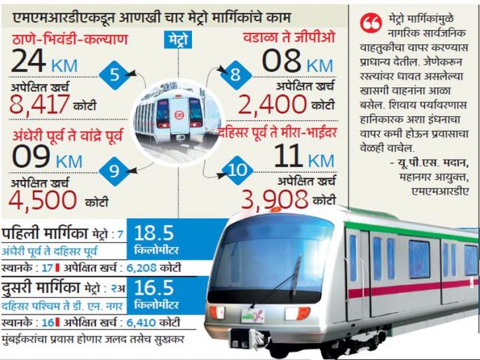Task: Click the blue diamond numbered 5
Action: (x=114, y=75)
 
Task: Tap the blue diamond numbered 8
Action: (x=236, y=75)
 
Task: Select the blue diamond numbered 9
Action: (x=114, y=168)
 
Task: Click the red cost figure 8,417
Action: (x=40, y=104)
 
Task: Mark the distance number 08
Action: (x=282, y=61)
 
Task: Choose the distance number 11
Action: (x=287, y=155)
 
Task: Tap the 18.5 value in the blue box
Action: (x=153, y=233)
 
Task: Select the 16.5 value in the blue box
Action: (x=153, y=289)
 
